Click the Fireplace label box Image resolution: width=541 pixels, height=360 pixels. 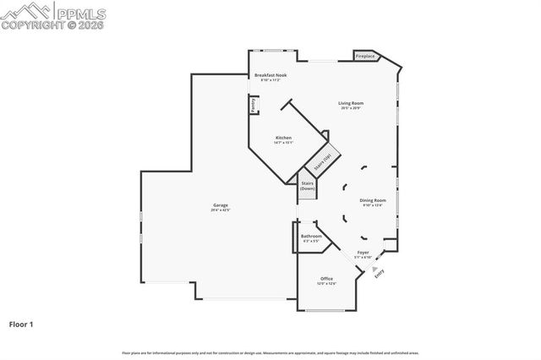tap(365, 57)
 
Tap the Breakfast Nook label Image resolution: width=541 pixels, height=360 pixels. tap(271, 76)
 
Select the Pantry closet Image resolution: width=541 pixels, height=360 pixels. tap(253, 104)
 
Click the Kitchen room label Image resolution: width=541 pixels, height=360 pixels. tap(283, 138)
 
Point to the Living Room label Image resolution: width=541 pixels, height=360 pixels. tap(351, 103)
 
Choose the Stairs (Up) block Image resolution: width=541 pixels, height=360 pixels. tap(322, 160)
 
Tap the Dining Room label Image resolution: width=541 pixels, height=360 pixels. tap(373, 200)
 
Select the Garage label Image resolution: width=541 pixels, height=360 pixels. tap(221, 205)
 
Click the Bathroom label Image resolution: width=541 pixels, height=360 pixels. tap(311, 237)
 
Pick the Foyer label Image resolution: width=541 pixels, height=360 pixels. tap(363, 253)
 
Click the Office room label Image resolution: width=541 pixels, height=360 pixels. tap(326, 279)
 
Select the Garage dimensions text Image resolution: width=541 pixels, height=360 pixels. tap(221, 210)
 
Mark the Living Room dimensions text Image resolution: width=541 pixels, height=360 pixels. tap(351, 108)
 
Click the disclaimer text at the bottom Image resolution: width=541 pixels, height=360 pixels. tap(270, 352)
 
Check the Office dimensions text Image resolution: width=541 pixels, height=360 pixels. tap(326, 284)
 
